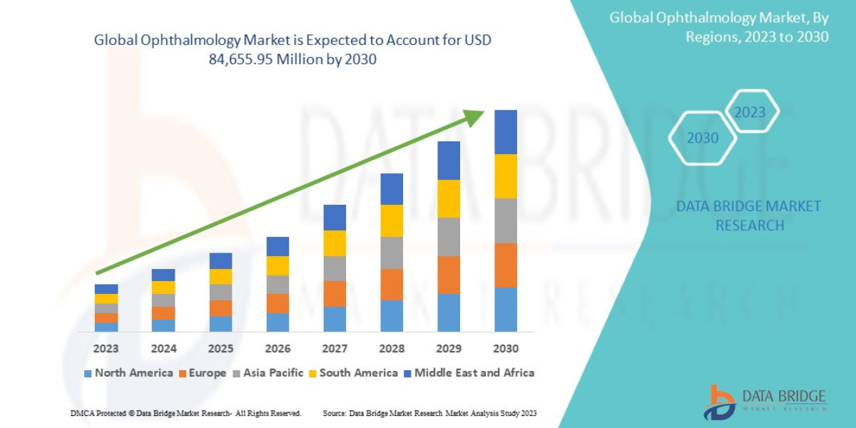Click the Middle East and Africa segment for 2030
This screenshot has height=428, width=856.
pos(506,132)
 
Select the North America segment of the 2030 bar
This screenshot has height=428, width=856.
pos(506,310)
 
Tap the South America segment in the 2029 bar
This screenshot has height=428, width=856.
pos(449,198)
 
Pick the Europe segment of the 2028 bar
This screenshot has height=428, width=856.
pos(392,284)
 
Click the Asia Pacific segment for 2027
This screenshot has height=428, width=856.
pos(335,268)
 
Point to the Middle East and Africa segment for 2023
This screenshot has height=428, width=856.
pos(106,289)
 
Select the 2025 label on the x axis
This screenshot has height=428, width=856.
pos(220,349)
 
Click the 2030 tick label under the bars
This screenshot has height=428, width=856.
pos(506,349)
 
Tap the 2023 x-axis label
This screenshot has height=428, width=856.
pos(106,349)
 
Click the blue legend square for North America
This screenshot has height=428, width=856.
pos(88,373)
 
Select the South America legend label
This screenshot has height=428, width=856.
pos(358,373)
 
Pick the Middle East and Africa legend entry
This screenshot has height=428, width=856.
pos(474,373)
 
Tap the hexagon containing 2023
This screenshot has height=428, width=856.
pos(750,112)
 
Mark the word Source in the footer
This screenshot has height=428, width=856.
pos(335,413)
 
